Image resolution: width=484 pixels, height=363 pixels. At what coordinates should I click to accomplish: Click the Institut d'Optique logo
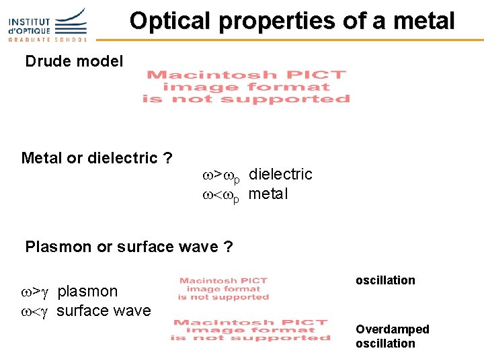(47, 26)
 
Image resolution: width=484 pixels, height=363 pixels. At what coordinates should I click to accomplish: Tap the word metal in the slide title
(426, 21)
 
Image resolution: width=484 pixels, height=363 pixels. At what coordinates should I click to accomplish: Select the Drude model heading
(74, 62)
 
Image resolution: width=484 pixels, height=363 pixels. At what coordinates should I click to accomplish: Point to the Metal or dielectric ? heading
(96, 158)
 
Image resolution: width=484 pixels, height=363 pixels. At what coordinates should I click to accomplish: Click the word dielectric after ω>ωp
(280, 174)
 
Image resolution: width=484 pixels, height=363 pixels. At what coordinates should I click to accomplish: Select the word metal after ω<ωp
(268, 194)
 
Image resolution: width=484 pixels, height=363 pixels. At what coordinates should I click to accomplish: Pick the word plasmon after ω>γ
(87, 291)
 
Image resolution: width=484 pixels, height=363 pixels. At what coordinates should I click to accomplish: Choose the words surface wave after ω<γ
(104, 311)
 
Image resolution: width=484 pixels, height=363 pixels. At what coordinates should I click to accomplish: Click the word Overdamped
(392, 329)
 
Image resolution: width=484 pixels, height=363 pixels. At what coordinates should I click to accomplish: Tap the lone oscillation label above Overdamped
(385, 280)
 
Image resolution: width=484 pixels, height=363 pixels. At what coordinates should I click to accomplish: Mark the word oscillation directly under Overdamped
(385, 344)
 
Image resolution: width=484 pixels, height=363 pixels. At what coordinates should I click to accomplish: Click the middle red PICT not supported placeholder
(224, 288)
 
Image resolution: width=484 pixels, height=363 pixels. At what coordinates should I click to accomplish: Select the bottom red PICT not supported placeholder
(249, 330)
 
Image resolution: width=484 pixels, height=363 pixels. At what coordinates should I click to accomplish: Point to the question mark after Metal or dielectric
(168, 158)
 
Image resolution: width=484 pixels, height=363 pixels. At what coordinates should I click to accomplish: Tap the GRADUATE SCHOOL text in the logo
(47, 40)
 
